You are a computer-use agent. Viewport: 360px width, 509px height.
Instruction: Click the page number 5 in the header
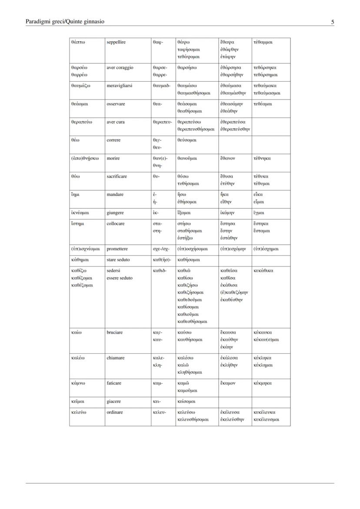tap(332, 22)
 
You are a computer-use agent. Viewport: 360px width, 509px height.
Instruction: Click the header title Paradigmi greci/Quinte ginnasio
tap(65, 21)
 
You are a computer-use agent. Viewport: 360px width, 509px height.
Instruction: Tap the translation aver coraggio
tap(120, 68)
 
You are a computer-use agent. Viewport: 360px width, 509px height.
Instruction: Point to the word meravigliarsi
tap(120, 86)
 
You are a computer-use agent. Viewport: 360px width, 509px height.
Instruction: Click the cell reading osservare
tap(116, 104)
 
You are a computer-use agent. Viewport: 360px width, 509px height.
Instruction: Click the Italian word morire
tap(113, 158)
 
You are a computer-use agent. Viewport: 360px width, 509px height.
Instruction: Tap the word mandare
tap(115, 195)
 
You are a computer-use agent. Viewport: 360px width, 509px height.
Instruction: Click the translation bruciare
tap(115, 333)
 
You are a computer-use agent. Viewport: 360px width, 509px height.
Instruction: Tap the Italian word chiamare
tap(116, 358)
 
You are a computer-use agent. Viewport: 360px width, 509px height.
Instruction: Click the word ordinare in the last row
tap(115, 413)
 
